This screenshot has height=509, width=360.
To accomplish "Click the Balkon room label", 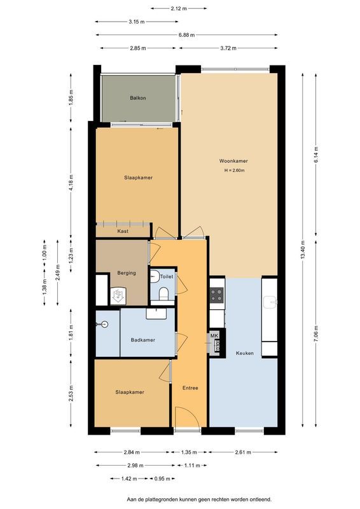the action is pos(137,98).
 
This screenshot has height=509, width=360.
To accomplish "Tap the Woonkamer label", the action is pos(233,161).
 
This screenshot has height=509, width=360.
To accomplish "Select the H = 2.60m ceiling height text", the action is pos(234,170).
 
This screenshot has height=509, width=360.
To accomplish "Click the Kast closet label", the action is pos(123,231).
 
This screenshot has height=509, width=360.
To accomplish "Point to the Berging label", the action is pos(127,273).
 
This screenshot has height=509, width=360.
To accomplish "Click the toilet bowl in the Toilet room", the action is pos(163,294).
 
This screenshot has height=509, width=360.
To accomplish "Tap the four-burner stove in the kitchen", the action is pos(216,295).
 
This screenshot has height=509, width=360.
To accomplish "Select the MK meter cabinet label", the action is pos(214,335).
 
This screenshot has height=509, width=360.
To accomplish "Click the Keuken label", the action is pos(245,353).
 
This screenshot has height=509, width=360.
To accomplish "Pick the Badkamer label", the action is pos(143,340).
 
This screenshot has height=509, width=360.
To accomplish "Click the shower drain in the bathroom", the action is pos(104,324).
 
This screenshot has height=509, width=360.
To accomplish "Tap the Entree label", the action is pos(190,387).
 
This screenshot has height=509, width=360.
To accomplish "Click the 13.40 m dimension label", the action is pos(303,250).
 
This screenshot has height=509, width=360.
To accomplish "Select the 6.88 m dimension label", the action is pos(187,35).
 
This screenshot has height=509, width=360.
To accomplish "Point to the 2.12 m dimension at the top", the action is pos(179,8).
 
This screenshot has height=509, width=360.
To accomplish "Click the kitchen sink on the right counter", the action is pos(270,302).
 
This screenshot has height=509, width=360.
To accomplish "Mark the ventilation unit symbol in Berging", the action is pos(118,295).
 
